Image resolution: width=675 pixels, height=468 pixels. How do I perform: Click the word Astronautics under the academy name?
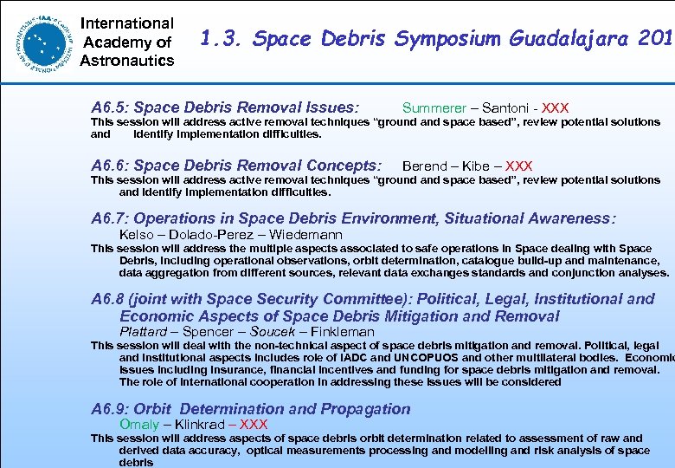point(127,60)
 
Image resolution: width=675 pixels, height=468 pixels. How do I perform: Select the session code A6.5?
point(110,108)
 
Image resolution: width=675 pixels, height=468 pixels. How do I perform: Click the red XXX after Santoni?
point(554,108)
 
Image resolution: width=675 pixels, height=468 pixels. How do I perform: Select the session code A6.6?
point(110,166)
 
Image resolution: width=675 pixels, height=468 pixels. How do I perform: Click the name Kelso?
point(138,235)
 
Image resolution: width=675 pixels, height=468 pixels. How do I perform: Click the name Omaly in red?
point(139,425)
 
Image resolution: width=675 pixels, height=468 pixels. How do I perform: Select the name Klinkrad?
point(200,425)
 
